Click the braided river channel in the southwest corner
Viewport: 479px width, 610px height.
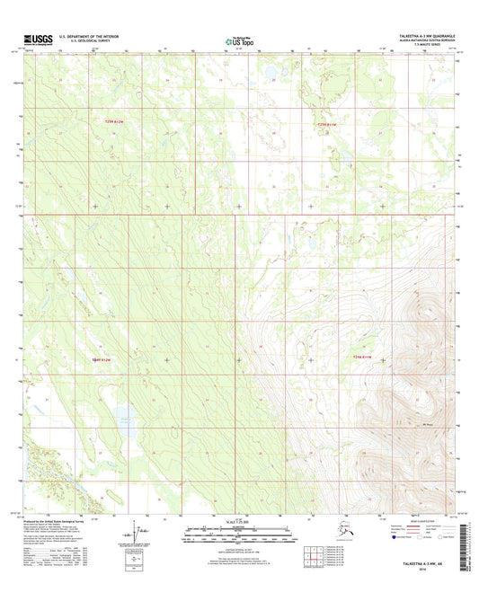40,463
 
